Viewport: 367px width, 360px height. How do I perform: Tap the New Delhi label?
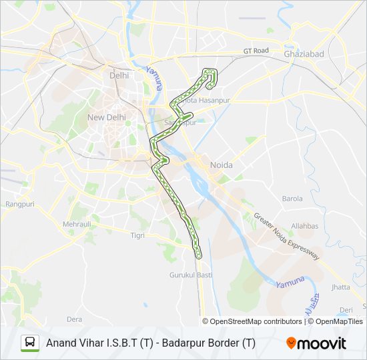107,117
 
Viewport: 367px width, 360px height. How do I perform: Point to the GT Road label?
256,51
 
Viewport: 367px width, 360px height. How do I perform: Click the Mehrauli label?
77,225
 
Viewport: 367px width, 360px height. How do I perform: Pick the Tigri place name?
137,235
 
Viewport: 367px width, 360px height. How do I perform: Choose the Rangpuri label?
19,204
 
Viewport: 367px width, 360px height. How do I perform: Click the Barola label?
292,199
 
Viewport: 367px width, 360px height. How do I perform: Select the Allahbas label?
305,226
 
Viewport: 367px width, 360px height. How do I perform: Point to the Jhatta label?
340,287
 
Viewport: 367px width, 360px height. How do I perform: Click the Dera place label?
75,319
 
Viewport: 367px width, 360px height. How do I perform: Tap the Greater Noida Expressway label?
287,237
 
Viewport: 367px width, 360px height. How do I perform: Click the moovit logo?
316,343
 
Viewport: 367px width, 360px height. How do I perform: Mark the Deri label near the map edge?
346,310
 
